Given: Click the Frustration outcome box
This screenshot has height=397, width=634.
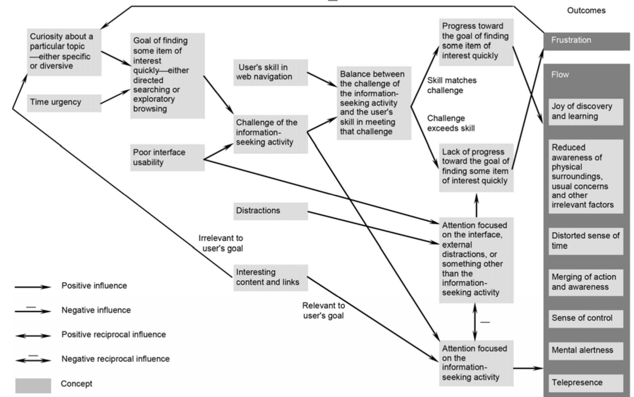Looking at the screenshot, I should pos(586,41).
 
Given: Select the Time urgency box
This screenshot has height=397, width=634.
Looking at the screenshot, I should pos(64,103).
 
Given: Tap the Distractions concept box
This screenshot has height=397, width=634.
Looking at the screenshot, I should pos(270,211).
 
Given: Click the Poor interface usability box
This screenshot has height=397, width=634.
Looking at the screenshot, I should pos(167,158).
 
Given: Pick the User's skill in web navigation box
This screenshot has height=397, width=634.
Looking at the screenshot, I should pos(270,72).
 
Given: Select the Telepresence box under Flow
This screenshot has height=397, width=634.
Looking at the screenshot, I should pos(586,383).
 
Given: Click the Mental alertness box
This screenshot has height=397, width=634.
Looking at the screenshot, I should pos(586,351).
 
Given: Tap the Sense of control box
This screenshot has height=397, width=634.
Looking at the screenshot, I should pos(586,319).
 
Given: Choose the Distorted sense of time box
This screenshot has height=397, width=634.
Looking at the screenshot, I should pos(586,241).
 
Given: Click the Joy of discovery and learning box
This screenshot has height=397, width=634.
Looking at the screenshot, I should pos(586,112).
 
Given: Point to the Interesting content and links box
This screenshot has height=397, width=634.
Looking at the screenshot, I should pos(270,277).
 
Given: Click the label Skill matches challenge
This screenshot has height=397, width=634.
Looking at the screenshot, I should pos(452,85).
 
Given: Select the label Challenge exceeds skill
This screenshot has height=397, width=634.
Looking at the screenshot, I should pos(451,123).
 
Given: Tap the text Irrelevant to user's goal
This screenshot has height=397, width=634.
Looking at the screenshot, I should pos(221,243).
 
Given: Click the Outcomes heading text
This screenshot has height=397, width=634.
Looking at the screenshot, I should pos(586,11).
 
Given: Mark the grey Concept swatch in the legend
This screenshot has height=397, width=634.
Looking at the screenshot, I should pos(33,385).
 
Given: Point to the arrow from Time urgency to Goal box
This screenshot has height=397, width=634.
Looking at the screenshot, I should pos(115,96).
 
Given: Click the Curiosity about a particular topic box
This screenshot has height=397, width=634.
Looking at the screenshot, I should pos(64,52).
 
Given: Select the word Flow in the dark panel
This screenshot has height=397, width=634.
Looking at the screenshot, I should pos(560,75).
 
